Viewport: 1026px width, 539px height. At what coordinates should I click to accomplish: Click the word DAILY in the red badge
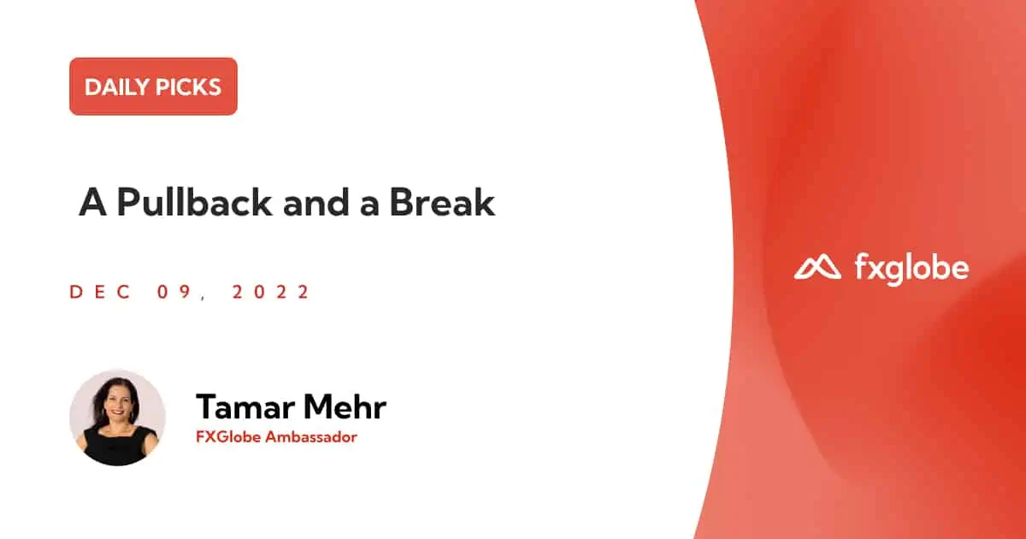tap(116, 87)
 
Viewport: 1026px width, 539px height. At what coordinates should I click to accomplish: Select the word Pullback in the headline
tap(194, 202)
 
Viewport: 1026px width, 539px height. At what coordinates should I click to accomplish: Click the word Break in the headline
tap(442, 202)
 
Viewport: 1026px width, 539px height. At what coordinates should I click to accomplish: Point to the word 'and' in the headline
tap(316, 203)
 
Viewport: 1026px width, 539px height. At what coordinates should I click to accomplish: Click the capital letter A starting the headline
tap(93, 202)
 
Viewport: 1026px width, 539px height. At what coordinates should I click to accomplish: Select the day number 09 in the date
tap(174, 292)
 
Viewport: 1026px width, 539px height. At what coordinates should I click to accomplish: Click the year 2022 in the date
tap(271, 292)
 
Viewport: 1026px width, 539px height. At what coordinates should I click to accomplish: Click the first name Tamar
tap(245, 406)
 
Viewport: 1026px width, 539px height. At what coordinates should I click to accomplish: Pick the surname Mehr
tap(345, 406)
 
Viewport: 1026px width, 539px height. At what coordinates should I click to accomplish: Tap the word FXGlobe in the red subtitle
tap(228, 437)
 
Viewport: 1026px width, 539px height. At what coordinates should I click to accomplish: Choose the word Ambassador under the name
tap(311, 437)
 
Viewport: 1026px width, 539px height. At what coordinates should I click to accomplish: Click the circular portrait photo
tap(117, 418)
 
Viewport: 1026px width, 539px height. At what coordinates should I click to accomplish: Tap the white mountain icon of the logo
tap(817, 267)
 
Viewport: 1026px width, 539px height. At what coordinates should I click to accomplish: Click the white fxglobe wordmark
tap(912, 269)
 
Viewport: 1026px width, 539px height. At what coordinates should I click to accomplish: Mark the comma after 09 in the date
tap(203, 298)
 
